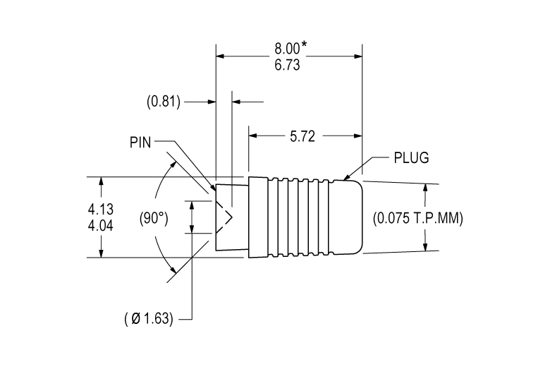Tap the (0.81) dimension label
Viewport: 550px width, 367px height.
[164, 102]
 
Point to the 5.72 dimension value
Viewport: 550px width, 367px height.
[302, 137]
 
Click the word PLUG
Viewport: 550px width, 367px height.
[411, 157]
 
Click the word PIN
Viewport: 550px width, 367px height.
[141, 141]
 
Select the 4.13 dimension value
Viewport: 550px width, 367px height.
[102, 209]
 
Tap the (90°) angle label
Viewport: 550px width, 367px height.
[153, 217]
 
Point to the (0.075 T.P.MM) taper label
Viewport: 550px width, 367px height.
[417, 218]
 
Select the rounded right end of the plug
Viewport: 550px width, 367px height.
[360, 217]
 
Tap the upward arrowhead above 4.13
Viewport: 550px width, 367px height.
[102, 181]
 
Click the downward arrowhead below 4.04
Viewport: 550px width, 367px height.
[102, 253]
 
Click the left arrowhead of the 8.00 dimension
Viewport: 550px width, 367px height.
[221, 55]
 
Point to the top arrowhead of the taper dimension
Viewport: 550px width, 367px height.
[427, 188]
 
